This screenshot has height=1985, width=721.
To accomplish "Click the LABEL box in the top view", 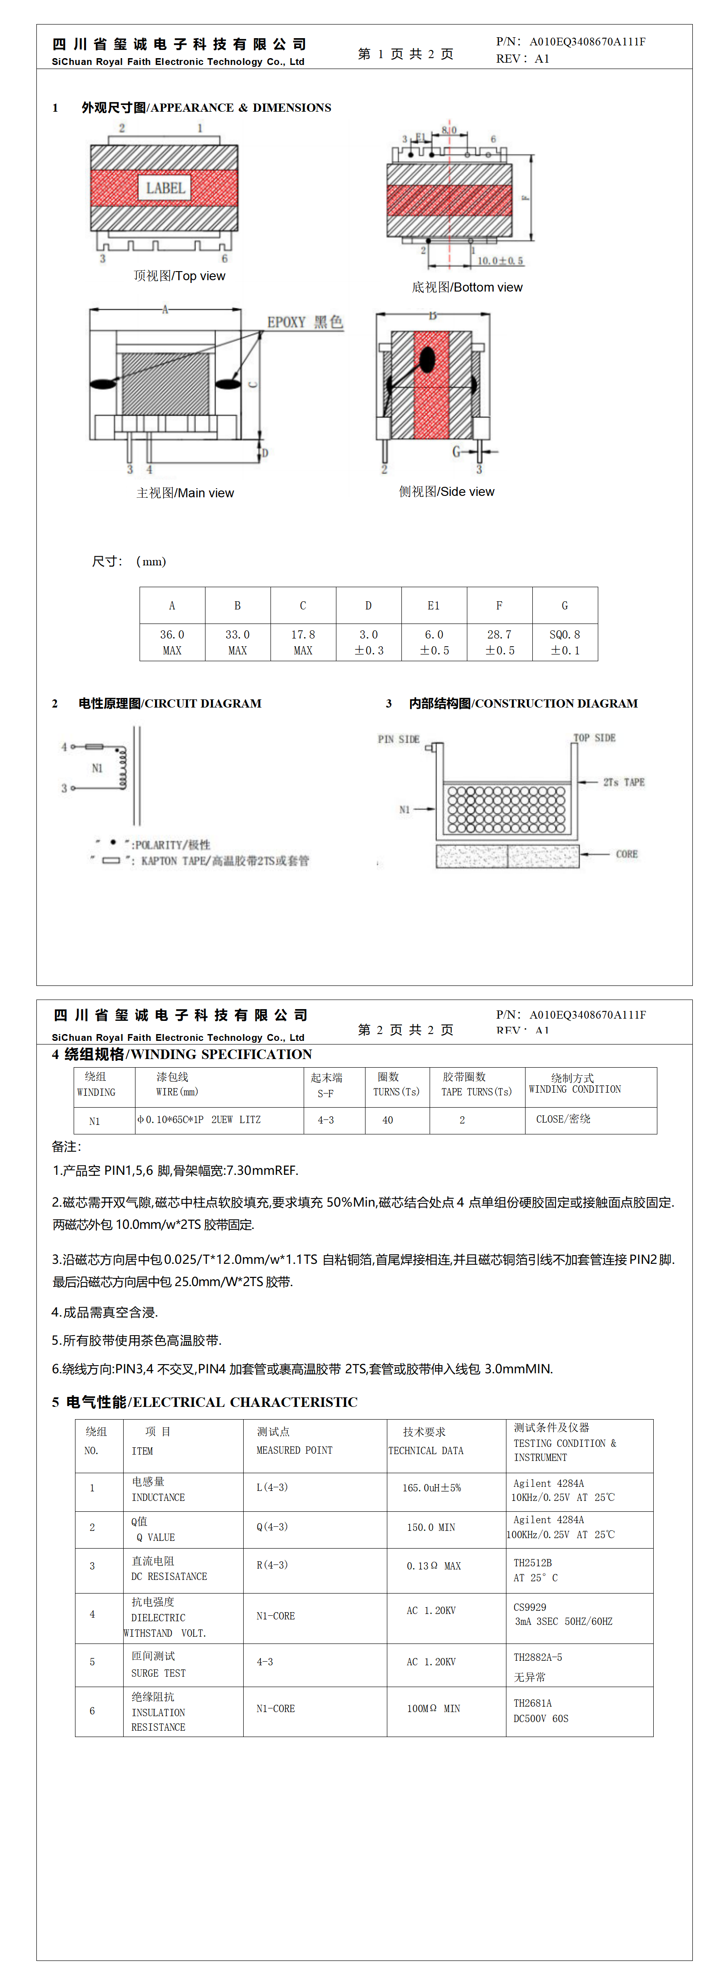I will tap(165, 188).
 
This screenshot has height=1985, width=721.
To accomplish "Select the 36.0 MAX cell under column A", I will tap(172, 642).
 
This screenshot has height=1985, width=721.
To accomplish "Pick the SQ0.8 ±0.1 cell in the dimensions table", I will tap(565, 642).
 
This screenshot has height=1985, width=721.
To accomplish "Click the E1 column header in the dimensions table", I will tap(433, 606).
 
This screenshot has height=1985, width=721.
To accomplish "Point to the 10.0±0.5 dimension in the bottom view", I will tap(500, 261).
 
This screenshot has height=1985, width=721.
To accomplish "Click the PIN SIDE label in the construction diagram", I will tap(398, 739).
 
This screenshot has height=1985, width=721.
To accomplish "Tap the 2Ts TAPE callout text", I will tap(624, 782).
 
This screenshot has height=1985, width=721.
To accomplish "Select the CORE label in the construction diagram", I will tap(626, 854).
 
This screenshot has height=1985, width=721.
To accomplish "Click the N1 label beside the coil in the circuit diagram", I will tap(97, 768).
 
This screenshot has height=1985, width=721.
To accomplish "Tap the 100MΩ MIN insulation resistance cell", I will tap(433, 1708).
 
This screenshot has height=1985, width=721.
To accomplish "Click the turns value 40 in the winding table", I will tap(388, 1119).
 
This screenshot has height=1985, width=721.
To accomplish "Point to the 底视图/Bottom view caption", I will tap(466, 287).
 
